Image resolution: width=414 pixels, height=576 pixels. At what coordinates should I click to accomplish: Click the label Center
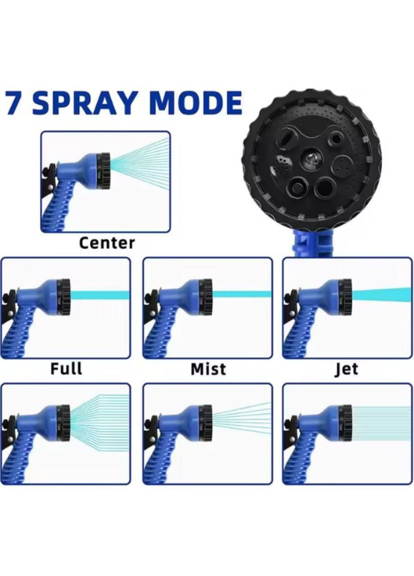coord(107,243)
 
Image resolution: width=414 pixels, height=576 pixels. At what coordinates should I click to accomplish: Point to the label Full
coord(66,368)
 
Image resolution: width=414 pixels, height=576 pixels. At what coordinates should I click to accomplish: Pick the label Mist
coord(208,369)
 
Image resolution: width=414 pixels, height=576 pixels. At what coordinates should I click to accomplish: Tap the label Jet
coord(346,369)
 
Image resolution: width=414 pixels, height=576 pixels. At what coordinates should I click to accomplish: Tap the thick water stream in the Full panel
coord(100,295)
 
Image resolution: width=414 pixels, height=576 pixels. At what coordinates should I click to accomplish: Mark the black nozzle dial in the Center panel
coord(104,171)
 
